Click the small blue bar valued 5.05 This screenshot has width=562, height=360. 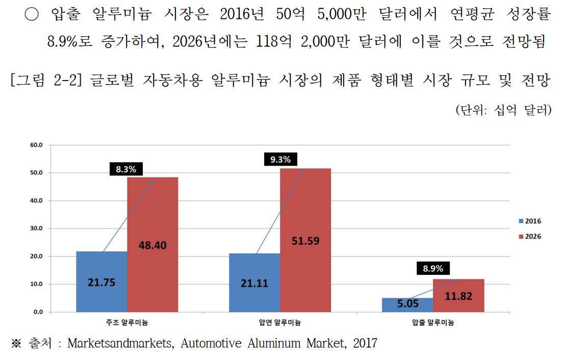click(407, 305)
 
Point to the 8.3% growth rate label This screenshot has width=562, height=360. click(126, 169)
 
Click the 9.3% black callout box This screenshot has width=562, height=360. click(280, 160)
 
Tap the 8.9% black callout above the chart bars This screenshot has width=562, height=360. click(433, 268)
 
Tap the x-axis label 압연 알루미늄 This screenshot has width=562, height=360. click(279, 323)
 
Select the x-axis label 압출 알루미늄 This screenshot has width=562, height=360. click(432, 323)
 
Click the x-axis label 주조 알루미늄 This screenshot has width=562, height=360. click(127, 323)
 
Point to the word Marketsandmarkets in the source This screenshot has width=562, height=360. click(120, 343)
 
